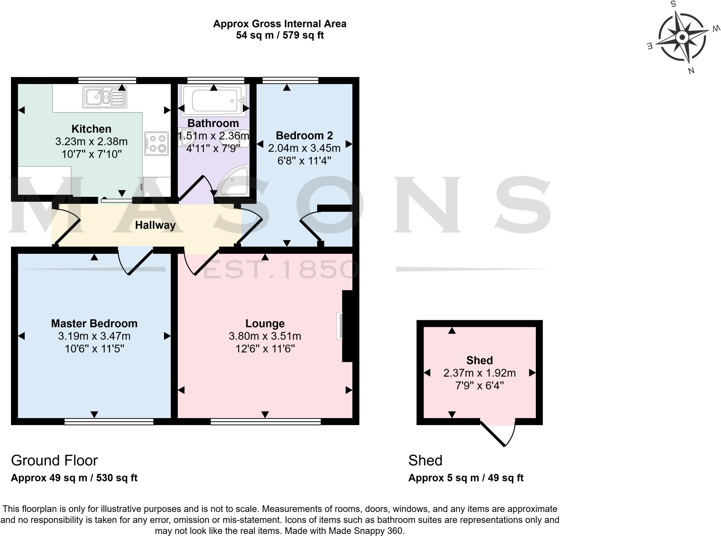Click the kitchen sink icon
105,97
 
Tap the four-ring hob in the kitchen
156,144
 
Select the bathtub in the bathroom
213,100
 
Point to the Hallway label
155,225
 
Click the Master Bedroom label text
94,323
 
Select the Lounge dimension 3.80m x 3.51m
265,336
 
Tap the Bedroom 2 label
304,135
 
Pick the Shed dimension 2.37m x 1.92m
479,373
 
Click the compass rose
682,37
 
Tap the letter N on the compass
691,71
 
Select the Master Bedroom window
109,422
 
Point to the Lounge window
265,422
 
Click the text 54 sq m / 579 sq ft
280,35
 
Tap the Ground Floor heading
54,460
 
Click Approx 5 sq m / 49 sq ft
465,478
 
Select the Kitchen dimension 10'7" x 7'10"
92,154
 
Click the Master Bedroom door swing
134,262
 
